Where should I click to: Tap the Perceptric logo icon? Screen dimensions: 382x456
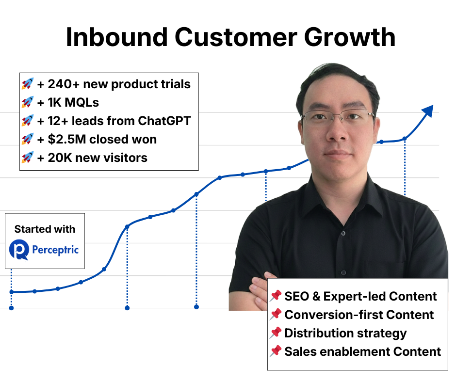[19, 250]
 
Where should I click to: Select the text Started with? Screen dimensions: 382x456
[45, 229]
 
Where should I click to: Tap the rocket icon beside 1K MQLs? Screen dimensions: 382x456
[27, 102]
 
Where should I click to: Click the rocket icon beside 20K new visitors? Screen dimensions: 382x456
[27, 158]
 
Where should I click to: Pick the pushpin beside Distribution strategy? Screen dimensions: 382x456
[276, 333]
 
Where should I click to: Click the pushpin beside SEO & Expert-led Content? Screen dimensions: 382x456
[276, 296]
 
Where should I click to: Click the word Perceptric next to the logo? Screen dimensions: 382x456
[55, 250]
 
